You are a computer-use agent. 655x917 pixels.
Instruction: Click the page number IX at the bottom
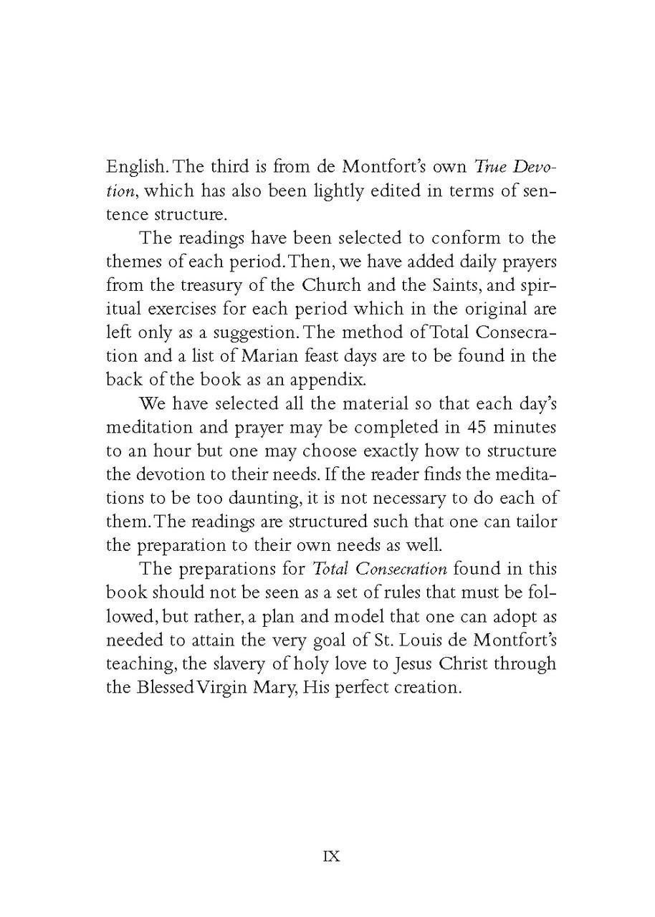331,856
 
